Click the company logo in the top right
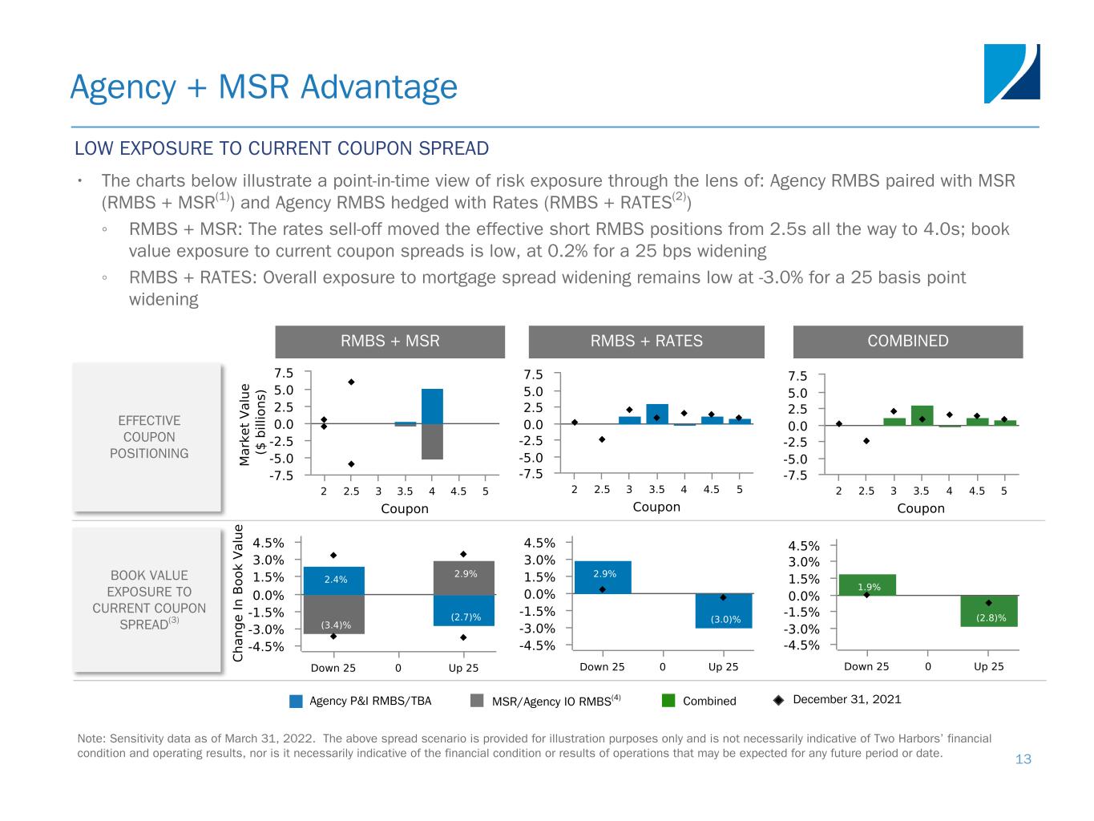1011,74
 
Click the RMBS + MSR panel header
390,342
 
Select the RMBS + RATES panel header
646,342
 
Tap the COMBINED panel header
907,342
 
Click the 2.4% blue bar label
335,580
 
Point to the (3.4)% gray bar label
336,623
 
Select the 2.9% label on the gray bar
465,574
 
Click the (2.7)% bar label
466,617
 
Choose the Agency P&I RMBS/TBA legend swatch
297,702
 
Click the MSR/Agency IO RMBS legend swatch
478,702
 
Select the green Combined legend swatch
669,702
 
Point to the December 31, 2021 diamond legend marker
778,700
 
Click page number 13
1023,759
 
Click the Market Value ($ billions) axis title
253,424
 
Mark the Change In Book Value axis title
238,593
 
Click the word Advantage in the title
379,87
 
